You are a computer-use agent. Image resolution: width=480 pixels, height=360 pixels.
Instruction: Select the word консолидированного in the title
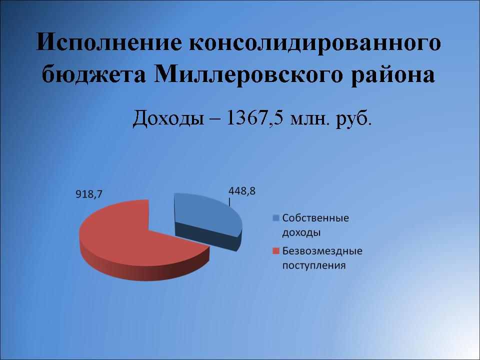click(x=314, y=43)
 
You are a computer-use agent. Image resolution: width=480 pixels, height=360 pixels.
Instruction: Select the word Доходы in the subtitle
click(x=168, y=118)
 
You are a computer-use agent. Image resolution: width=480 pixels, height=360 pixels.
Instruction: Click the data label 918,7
click(x=89, y=194)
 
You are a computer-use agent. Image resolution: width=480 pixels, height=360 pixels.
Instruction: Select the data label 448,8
click(x=242, y=191)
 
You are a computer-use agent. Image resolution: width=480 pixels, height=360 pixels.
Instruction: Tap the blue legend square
click(x=276, y=218)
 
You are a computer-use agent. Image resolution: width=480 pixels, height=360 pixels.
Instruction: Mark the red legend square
click(x=276, y=251)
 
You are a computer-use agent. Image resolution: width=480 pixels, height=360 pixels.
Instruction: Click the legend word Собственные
click(x=315, y=218)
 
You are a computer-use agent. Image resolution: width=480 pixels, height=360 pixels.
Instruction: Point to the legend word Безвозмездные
click(x=322, y=251)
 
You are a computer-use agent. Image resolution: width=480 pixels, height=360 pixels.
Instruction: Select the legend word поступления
click(x=314, y=265)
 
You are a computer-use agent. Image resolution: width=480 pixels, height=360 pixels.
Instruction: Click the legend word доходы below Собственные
click(x=301, y=232)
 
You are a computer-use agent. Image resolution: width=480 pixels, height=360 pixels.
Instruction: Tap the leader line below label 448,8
click(x=229, y=201)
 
